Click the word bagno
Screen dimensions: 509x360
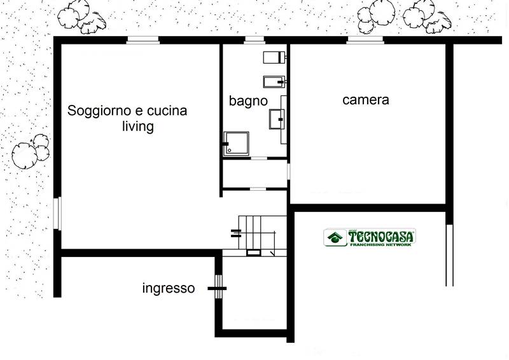click(248, 101)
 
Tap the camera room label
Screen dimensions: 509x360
click(365, 100)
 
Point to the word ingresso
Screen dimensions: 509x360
click(169, 288)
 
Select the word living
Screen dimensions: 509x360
click(138, 126)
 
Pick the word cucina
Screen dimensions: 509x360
click(167, 111)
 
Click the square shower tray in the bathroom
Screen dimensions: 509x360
click(237, 144)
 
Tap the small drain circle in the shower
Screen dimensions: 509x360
click(230, 150)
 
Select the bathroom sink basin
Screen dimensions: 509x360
click(277, 119)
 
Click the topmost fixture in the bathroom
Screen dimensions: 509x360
click(274, 57)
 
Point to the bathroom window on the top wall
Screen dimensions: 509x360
click(254, 39)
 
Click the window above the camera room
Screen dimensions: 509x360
click(365, 39)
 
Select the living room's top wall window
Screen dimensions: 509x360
click(143, 39)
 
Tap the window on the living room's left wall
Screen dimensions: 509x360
click(57, 213)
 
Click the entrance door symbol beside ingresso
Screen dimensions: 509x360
click(218, 287)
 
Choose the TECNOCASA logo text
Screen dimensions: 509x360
click(380, 236)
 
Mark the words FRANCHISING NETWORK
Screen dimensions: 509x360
click(380, 244)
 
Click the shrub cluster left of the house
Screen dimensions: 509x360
click(31, 151)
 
